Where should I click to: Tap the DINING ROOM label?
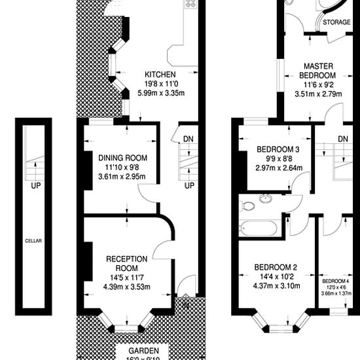pos(123,158)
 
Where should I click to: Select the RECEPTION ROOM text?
pos(122,263)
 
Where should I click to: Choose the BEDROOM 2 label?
pos(276,266)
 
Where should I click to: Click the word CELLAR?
pos(33,241)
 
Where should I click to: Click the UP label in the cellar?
pos(33,185)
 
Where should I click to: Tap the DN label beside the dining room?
pos(189,139)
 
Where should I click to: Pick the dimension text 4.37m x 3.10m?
pos(276,285)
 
